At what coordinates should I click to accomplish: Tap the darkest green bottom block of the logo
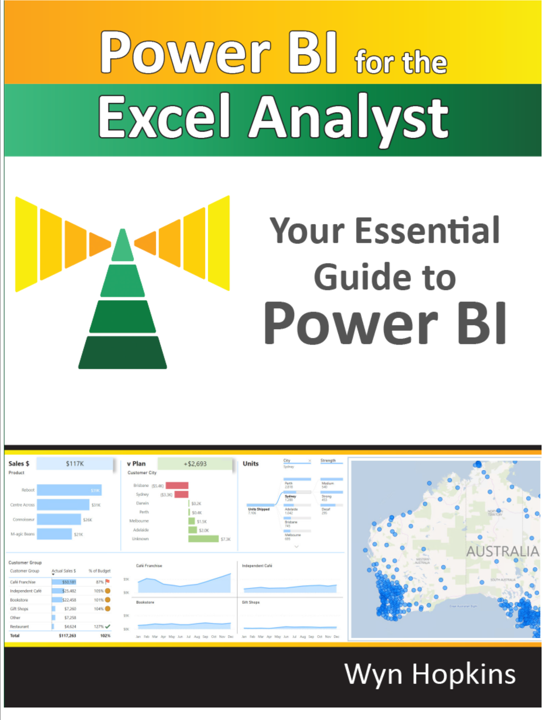(x=122, y=352)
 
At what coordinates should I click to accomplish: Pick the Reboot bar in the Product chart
(x=69, y=490)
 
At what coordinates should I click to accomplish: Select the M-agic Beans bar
(x=54, y=534)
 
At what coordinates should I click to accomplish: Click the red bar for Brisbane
(x=177, y=486)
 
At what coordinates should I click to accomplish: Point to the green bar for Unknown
(x=203, y=539)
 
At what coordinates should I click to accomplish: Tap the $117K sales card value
(x=75, y=464)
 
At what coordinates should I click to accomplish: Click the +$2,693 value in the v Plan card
(x=195, y=464)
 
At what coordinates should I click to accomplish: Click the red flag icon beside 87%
(x=108, y=582)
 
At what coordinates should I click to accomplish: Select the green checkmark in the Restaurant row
(x=108, y=626)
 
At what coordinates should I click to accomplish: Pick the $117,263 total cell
(x=67, y=636)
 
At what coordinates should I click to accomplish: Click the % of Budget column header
(x=100, y=571)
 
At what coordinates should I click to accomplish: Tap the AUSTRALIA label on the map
(x=502, y=551)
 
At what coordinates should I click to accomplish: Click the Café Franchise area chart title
(x=149, y=566)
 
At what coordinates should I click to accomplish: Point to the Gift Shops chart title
(x=251, y=602)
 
